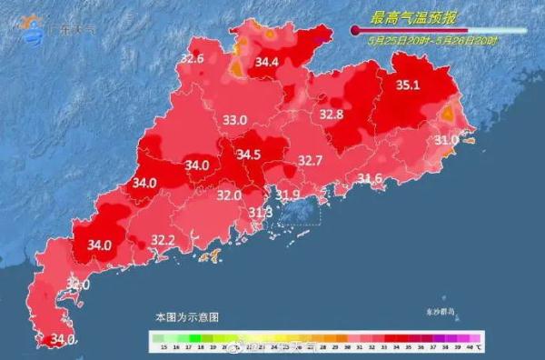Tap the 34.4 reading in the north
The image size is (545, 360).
click(x=266, y=63)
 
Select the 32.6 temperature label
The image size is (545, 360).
click(x=192, y=59)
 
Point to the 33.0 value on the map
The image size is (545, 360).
click(x=236, y=120)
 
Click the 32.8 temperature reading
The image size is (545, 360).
click(x=332, y=115)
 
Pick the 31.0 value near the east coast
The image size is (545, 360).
click(x=446, y=140)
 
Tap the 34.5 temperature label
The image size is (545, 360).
click(x=249, y=155)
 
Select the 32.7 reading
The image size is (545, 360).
click(x=311, y=161)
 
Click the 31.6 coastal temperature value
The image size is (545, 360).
click(x=369, y=178)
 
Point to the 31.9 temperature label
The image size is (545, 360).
click(x=288, y=195)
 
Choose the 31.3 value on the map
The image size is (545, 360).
click(x=261, y=212)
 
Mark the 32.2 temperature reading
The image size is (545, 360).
click(x=163, y=240)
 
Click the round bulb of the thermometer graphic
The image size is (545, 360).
click(x=356, y=30)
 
